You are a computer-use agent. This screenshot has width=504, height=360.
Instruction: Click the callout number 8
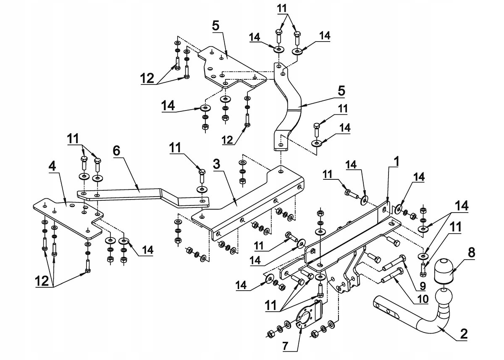pyautogui.click(x=471, y=252)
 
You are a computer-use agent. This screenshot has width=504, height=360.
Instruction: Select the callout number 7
pyautogui.click(x=285, y=347)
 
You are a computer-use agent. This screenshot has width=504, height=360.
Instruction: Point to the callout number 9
pyautogui.click(x=423, y=286)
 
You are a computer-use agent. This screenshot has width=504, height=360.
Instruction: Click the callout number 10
pyautogui.click(x=423, y=299)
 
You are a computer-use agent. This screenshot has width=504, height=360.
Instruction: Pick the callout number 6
pyautogui.click(x=116, y=151)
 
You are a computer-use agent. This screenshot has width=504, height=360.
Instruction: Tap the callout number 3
pyautogui.click(x=216, y=164)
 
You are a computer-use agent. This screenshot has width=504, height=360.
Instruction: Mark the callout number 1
pyautogui.click(x=396, y=161)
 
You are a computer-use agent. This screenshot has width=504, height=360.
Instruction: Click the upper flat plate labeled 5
pyautogui.click(x=232, y=67)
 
